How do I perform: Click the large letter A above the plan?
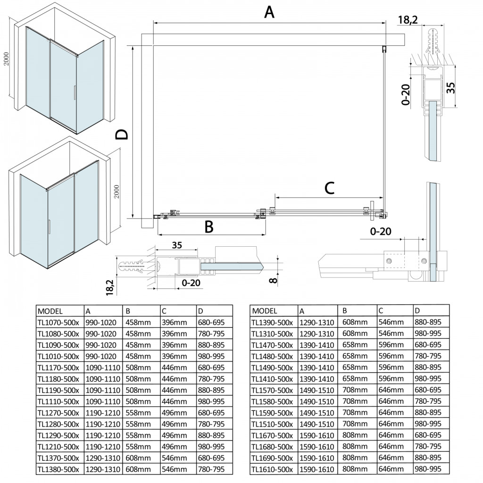(x=269, y=12)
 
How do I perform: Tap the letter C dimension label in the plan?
(x=330, y=188)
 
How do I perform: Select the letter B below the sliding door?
(x=208, y=227)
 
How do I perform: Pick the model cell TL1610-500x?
(x=272, y=469)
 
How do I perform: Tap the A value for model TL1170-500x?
(x=103, y=367)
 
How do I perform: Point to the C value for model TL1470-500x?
(x=391, y=345)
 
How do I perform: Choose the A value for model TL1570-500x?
(x=316, y=390)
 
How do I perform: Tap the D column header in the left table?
(x=201, y=311)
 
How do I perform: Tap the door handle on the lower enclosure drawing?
(x=48, y=226)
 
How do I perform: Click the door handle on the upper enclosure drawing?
(x=74, y=92)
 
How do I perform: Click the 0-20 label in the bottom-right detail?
(x=381, y=232)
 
